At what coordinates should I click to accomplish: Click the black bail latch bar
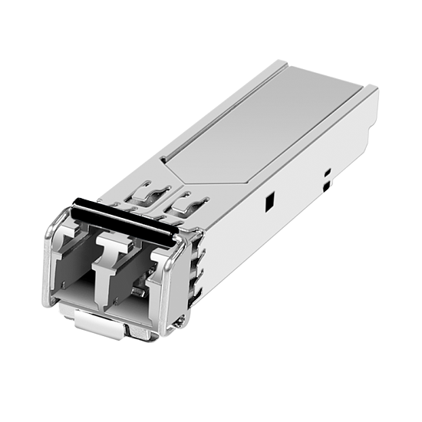coord(123,219)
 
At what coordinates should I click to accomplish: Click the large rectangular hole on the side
coord(270,202)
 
